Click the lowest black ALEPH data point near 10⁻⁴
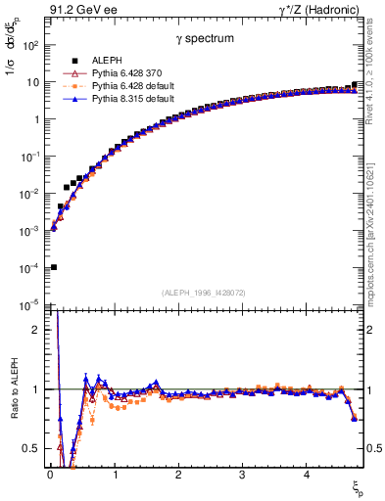pos(53,267)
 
